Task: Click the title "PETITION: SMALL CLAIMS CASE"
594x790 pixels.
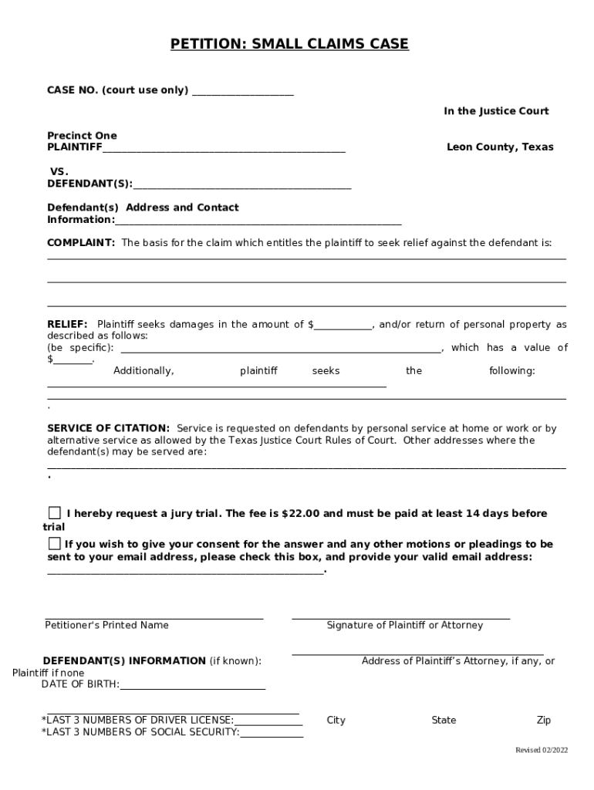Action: pos(289,44)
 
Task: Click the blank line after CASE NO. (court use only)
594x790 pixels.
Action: pos(242,93)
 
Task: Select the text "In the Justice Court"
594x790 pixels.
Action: pos(495,111)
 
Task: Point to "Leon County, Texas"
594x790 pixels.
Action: pos(500,147)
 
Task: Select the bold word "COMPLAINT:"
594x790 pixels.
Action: pos(81,242)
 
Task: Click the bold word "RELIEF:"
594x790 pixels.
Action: pos(68,325)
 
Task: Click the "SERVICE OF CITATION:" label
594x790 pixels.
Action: pos(109,428)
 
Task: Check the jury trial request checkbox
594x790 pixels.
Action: pos(55,513)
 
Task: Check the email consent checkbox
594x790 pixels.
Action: pos(54,544)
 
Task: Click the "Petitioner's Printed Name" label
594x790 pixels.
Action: pos(106,625)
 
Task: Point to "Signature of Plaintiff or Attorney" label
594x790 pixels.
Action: pos(404,625)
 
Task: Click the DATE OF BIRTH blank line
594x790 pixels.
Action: pos(192,687)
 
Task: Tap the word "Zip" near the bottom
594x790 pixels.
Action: pos(544,721)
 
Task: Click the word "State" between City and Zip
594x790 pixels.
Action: pos(444,721)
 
